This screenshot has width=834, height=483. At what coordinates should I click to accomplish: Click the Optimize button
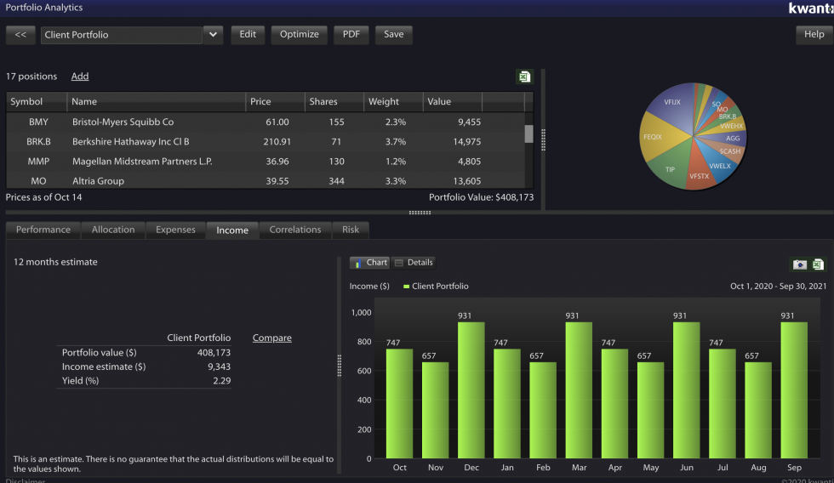pyautogui.click(x=300, y=35)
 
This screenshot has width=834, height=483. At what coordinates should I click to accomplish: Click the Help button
pyautogui.click(x=814, y=35)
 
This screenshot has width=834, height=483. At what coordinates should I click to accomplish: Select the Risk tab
pyautogui.click(x=351, y=230)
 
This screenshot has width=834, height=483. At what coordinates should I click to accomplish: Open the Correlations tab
pyautogui.click(x=295, y=230)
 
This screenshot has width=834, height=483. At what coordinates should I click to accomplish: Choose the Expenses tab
pyautogui.click(x=175, y=230)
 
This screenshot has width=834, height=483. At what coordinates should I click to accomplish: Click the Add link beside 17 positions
pyautogui.click(x=80, y=77)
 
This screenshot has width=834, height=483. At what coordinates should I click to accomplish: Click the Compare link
pyautogui.click(x=271, y=338)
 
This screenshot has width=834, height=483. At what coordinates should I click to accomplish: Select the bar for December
pyautogui.click(x=471, y=390)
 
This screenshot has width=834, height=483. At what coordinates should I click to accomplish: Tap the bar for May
pyautogui.click(x=650, y=410)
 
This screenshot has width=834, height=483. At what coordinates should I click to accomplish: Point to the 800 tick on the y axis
pyautogui.click(x=363, y=342)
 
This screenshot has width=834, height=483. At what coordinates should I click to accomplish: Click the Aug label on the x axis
pyautogui.click(x=757, y=468)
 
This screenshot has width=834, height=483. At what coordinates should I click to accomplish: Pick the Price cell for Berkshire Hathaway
pyautogui.click(x=277, y=142)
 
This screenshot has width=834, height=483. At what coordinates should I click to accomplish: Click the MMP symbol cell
pyautogui.click(x=38, y=162)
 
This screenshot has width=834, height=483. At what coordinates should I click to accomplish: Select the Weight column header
pyautogui.click(x=384, y=102)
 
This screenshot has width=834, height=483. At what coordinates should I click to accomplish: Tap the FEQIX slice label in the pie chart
pyautogui.click(x=653, y=136)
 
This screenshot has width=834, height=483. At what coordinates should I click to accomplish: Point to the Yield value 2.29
pyautogui.click(x=221, y=381)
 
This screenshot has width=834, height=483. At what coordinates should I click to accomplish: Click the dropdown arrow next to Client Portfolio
pyautogui.click(x=213, y=35)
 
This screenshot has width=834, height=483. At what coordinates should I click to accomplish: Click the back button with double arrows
pyautogui.click(x=20, y=35)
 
